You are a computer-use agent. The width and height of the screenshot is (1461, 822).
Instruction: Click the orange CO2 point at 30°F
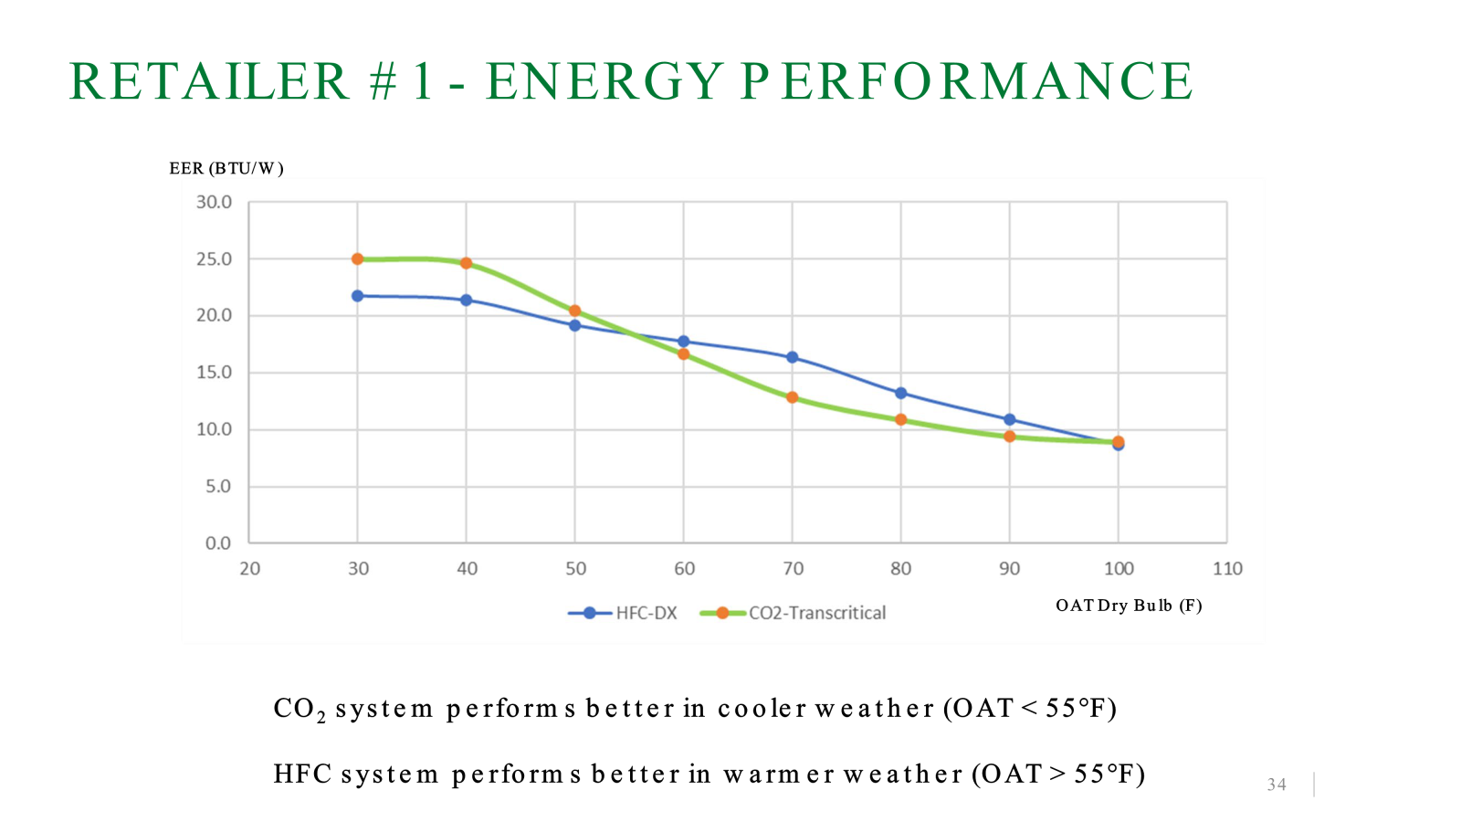(357, 259)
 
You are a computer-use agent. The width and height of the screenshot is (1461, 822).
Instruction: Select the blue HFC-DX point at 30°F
(357, 296)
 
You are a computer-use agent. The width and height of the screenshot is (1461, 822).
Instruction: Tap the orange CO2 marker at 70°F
(792, 397)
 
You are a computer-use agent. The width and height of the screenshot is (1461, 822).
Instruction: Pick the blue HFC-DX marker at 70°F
(792, 357)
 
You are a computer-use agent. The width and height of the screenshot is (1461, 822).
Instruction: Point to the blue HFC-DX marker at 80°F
(900, 394)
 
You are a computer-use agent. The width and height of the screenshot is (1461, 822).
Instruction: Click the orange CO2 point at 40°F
(466, 263)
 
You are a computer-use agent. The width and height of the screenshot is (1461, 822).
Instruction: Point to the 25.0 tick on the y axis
(214, 259)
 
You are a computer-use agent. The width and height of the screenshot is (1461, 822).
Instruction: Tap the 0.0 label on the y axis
(218, 543)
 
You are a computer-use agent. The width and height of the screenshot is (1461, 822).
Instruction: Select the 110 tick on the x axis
(1227, 569)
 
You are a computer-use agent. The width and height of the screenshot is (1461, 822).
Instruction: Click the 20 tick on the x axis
(249, 569)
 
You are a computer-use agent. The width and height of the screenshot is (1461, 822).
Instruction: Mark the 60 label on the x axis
(684, 569)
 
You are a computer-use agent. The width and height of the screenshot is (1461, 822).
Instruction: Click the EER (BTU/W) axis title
(226, 168)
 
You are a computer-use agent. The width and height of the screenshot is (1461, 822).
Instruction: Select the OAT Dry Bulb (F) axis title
(1129, 606)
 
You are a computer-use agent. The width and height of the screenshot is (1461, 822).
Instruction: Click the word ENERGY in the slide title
(604, 81)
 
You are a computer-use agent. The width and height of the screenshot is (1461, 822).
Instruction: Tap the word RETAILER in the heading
(209, 81)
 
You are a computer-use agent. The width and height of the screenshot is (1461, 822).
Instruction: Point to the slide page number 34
(1277, 785)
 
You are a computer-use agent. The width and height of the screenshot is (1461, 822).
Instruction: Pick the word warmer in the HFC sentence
(779, 775)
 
